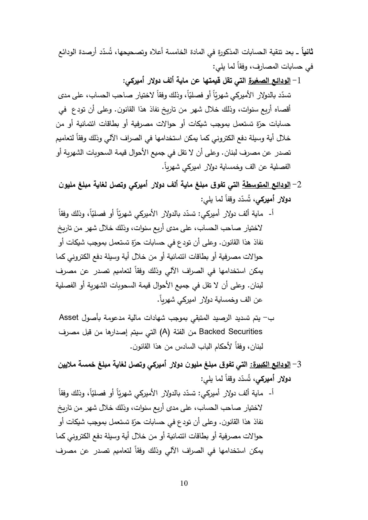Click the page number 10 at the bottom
click(x=184, y=483)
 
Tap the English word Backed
click(x=214, y=332)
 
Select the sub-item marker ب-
click(x=269, y=317)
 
